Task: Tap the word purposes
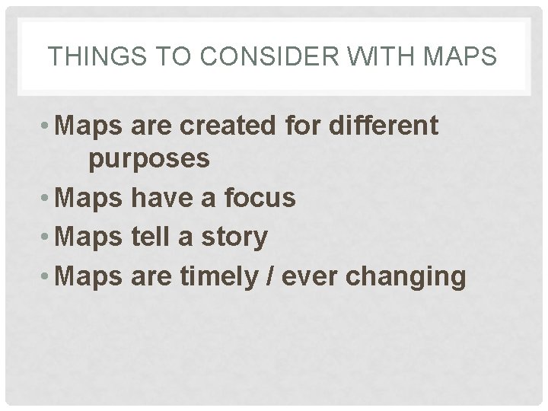click(x=149, y=160)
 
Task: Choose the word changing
click(x=406, y=276)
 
